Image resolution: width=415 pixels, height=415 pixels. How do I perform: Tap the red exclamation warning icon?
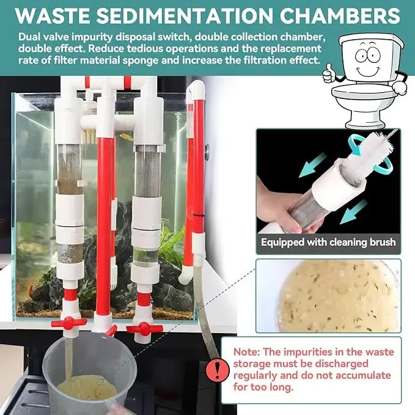point(215,369)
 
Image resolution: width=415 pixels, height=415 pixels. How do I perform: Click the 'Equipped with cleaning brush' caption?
point(328,242)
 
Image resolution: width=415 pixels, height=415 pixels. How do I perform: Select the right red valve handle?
point(144,328)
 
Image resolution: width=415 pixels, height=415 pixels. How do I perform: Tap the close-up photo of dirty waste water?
point(328,296)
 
